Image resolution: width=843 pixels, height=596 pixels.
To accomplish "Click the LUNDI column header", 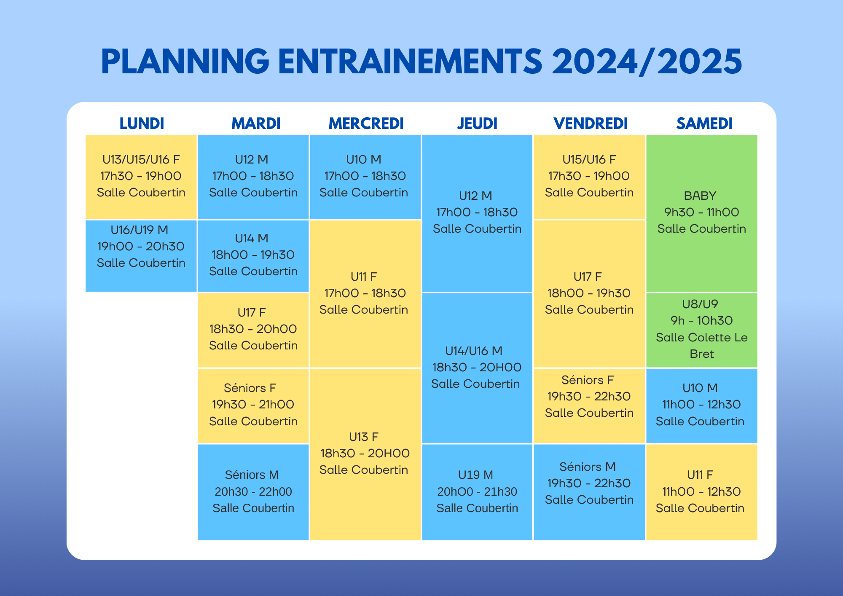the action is [142, 123].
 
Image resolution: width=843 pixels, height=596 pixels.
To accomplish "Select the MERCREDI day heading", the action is [366, 123].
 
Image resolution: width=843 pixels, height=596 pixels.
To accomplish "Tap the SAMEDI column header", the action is [704, 123].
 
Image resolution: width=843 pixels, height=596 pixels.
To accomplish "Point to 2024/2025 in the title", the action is [647, 62].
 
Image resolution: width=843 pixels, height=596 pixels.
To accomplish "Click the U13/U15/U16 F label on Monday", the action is [141, 159].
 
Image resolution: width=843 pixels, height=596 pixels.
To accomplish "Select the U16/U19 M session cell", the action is [141, 255].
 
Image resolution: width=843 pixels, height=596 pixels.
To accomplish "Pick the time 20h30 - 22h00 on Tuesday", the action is [253, 491].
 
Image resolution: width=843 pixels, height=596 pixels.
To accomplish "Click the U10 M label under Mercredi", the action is [364, 159].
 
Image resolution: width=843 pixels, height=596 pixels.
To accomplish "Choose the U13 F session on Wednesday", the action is [365, 454].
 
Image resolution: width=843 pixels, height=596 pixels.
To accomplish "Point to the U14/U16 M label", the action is [474, 351].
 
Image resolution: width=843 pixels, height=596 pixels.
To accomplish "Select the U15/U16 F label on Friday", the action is [589, 159].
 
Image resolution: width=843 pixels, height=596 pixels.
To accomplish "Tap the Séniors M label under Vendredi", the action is [588, 467].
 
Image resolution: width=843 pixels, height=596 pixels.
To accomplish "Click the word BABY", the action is [700, 196].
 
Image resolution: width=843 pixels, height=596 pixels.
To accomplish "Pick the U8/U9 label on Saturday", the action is [700, 304].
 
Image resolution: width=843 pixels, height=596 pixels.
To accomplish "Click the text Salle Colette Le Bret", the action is [702, 346].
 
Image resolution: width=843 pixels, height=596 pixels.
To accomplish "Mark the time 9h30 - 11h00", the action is [702, 212].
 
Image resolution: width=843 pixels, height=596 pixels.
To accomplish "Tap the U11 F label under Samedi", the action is [700, 475].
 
